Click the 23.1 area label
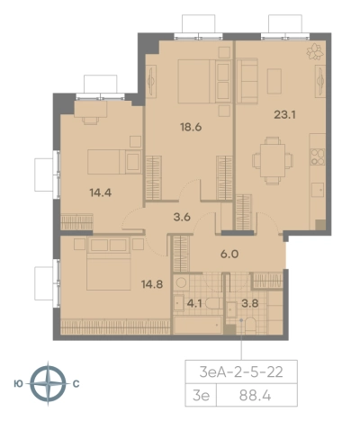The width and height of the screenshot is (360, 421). point(284,114)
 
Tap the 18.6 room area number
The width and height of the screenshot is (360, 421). point(191,127)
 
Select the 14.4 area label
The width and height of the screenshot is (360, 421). point(101,193)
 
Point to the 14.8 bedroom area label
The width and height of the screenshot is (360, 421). point(152,284)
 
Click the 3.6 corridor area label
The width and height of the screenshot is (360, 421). point(182,217)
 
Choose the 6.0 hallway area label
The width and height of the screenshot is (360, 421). point(229,255)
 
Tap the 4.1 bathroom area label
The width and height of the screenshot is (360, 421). point(194,304)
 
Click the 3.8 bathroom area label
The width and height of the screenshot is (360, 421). point(250,303)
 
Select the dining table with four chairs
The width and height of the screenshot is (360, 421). point(273,160)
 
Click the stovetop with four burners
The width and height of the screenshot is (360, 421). point(318,157)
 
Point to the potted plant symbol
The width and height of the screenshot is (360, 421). point(315,51)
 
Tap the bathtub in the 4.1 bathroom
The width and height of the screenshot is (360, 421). point(198,325)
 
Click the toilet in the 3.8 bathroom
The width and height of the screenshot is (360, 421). point(250,326)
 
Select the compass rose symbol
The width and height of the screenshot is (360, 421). point(48,384)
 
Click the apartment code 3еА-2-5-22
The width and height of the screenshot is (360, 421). point(241,372)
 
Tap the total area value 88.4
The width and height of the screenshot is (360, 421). point(256,396)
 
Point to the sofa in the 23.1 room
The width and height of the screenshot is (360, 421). point(247,81)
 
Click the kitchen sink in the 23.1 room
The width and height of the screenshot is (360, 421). point(318,190)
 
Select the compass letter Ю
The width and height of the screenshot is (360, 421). point(18,384)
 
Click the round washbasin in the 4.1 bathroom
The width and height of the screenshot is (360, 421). point(181,282)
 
